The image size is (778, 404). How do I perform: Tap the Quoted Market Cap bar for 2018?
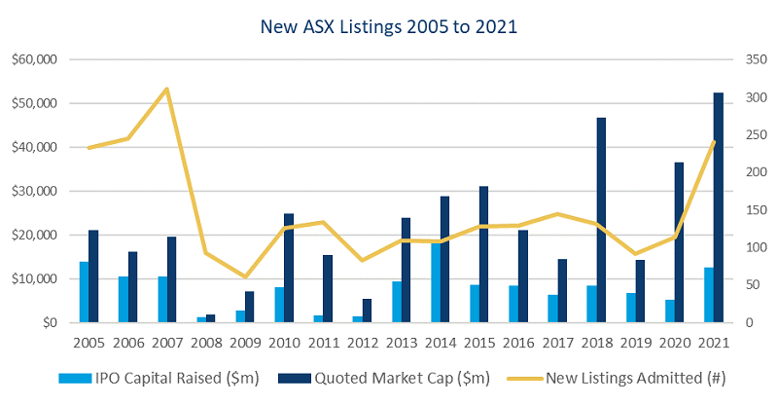click(x=600, y=220)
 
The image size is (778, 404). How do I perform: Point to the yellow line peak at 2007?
click(x=166, y=90)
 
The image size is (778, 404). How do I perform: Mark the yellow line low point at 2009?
click(x=245, y=276)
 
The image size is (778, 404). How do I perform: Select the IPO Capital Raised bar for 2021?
click(x=707, y=295)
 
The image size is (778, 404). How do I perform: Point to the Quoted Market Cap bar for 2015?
click(x=483, y=254)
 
